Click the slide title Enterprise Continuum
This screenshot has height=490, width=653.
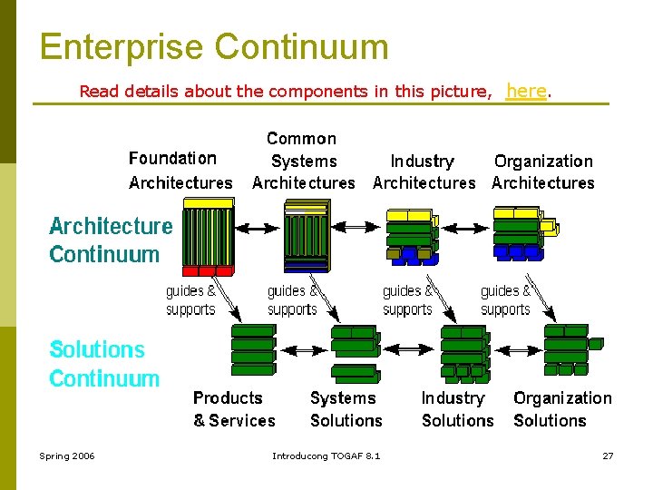pyautogui.click(x=214, y=47)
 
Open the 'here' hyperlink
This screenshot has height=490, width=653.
pyautogui.click(x=526, y=91)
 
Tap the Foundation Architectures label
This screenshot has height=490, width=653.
pyautogui.click(x=180, y=171)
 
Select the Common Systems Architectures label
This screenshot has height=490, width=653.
pyautogui.click(x=303, y=161)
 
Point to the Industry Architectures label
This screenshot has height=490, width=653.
pyautogui.click(x=424, y=171)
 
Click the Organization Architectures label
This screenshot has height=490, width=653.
pyautogui.click(x=542, y=171)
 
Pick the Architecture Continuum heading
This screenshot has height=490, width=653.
pyautogui.click(x=110, y=240)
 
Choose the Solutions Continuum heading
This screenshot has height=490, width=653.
pyautogui.click(x=103, y=364)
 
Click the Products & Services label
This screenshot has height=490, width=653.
pyautogui.click(x=233, y=409)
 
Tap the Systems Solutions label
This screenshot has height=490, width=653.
pyautogui.click(x=346, y=409)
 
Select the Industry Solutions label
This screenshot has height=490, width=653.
pyautogui.click(x=457, y=409)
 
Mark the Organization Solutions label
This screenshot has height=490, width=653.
pyautogui.click(x=562, y=409)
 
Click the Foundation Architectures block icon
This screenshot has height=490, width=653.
pyautogui.click(x=208, y=242)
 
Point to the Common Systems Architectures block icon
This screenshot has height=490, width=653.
pyautogui.click(x=306, y=238)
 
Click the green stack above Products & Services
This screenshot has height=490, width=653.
pyautogui.click(x=253, y=349)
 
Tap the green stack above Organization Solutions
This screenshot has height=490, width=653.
pyautogui.click(x=568, y=349)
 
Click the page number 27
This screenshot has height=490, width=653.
pyautogui.click(x=608, y=456)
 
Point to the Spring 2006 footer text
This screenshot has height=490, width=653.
pyautogui.click(x=66, y=456)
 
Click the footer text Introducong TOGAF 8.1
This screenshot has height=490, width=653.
pyautogui.click(x=326, y=456)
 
